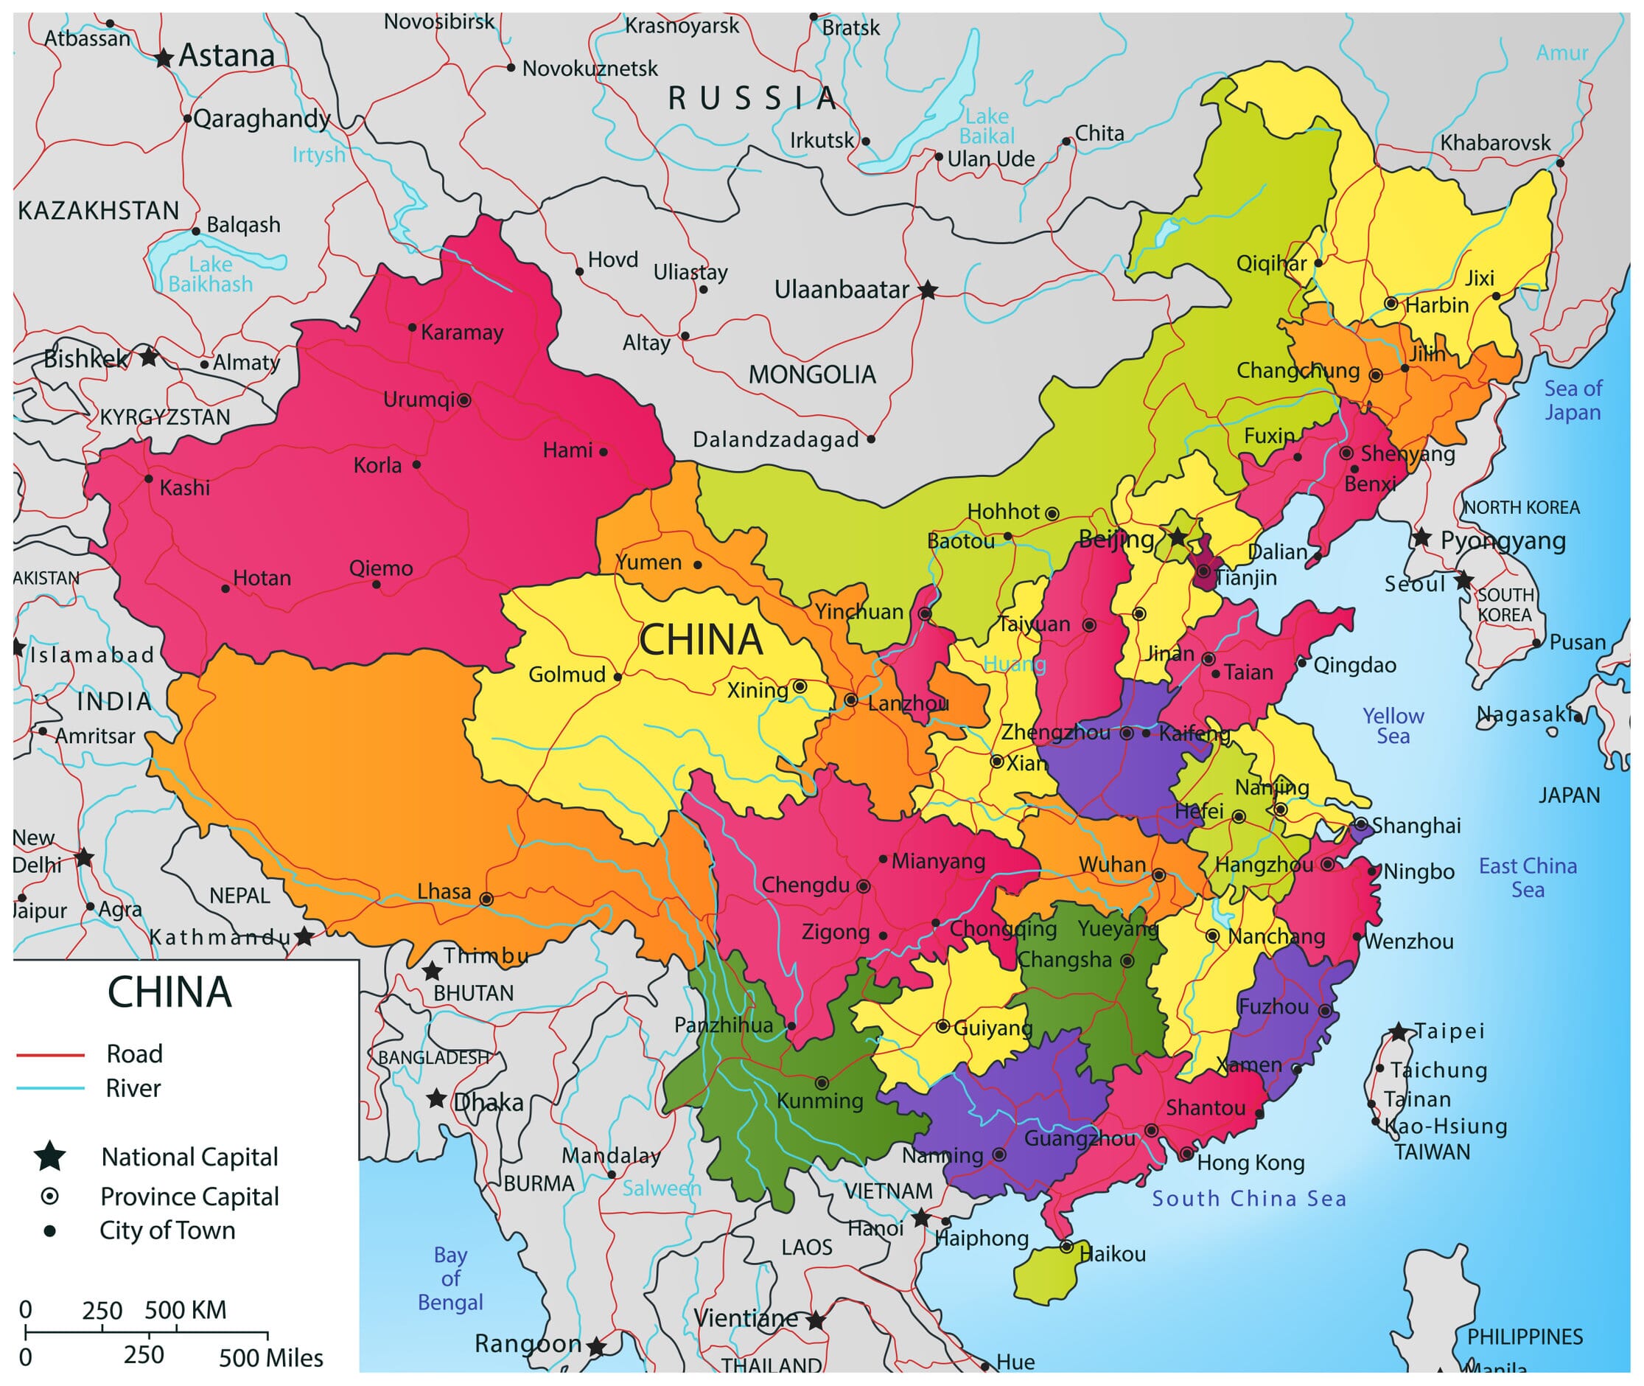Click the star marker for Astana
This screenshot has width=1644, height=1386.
tap(164, 58)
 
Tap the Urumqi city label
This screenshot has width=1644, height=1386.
tap(418, 399)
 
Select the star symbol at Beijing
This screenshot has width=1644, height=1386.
tap(1178, 537)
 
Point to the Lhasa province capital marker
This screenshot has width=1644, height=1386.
tap(486, 899)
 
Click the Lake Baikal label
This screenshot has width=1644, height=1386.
tap(987, 127)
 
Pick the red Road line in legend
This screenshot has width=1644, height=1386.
tap(50, 1054)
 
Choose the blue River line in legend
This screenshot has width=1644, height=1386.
tap(50, 1088)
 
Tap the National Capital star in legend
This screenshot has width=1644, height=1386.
tap(49, 1156)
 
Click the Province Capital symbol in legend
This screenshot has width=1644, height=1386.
tap(49, 1196)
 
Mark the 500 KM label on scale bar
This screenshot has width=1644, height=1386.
tap(186, 1310)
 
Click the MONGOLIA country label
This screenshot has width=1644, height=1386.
tap(811, 375)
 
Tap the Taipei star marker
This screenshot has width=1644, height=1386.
tap(1398, 1031)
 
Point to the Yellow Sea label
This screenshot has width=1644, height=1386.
tap(1393, 725)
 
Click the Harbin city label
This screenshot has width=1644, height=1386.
tap(1437, 305)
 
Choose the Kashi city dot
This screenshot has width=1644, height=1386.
tap(148, 478)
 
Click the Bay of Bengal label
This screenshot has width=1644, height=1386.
tap(450, 1278)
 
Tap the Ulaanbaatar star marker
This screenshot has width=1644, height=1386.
tap(928, 290)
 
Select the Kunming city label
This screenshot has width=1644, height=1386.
tap(819, 1101)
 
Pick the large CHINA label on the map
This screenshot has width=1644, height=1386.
tap(701, 640)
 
